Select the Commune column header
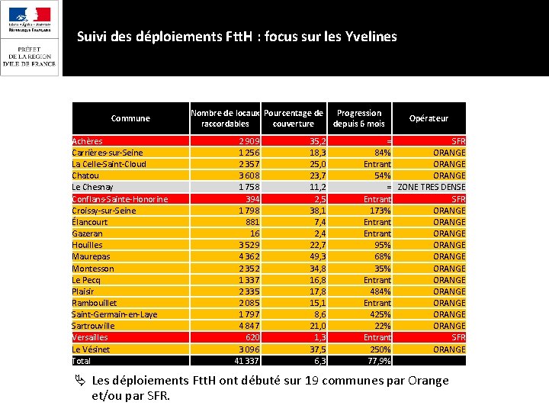pyautogui.click(x=130, y=118)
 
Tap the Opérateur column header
pyautogui.click(x=429, y=118)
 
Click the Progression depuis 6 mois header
pyautogui.click(x=359, y=118)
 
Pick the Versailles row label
pyautogui.click(x=90, y=337)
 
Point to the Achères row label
pyautogui.click(x=87, y=141)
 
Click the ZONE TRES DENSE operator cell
pyautogui.click(x=432, y=187)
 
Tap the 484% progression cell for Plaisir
pyautogui.click(x=380, y=291)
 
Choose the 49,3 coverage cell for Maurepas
pyautogui.click(x=318, y=256)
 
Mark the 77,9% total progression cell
pyautogui.click(x=379, y=361)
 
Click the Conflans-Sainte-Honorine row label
pyautogui.click(x=120, y=199)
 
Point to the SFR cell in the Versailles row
pyautogui.click(x=458, y=337)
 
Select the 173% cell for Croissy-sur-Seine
pyautogui.click(x=380, y=211)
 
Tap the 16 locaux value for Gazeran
pyautogui.click(x=255, y=233)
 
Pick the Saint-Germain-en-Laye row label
pyautogui.click(x=114, y=314)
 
